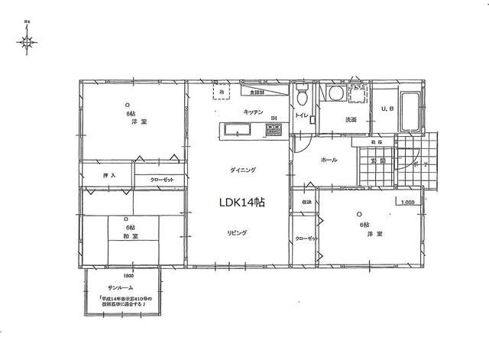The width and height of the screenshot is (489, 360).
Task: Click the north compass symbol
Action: [28, 43]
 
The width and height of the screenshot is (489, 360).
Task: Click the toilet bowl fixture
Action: [303, 97]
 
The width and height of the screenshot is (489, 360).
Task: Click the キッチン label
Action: [254, 112]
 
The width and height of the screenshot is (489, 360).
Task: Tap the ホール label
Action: [329, 161]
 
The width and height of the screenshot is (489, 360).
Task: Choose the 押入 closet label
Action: [109, 176]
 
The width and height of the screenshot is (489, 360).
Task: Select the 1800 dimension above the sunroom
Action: [128, 275]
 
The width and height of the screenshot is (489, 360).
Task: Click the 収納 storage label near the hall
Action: [306, 203]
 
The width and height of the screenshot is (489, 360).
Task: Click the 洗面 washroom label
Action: [351, 120]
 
